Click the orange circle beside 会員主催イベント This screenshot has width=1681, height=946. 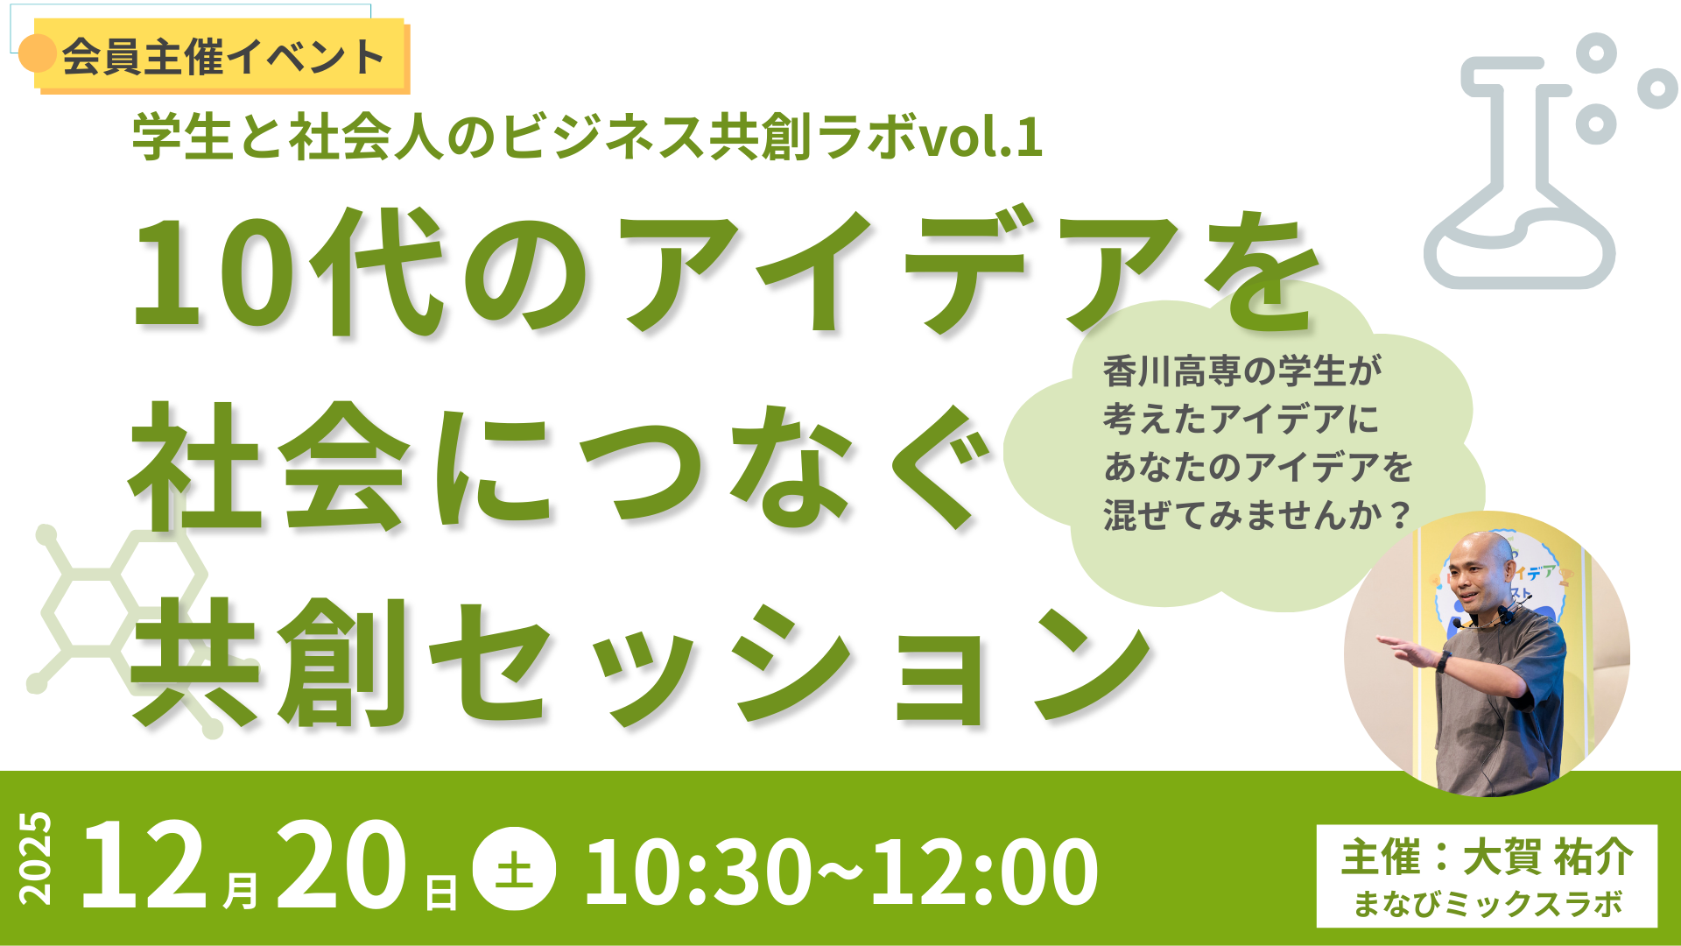click(x=38, y=53)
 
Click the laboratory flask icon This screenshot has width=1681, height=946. click(x=1522, y=175)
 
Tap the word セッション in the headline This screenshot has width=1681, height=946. click(x=788, y=666)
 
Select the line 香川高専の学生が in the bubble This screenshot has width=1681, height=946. click(x=1241, y=371)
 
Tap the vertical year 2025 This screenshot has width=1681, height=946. click(x=36, y=858)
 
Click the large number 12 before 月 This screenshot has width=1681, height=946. click(x=144, y=867)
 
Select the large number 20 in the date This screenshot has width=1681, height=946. click(x=341, y=867)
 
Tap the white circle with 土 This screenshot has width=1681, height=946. click(x=514, y=869)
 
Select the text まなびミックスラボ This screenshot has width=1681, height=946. click(x=1488, y=904)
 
